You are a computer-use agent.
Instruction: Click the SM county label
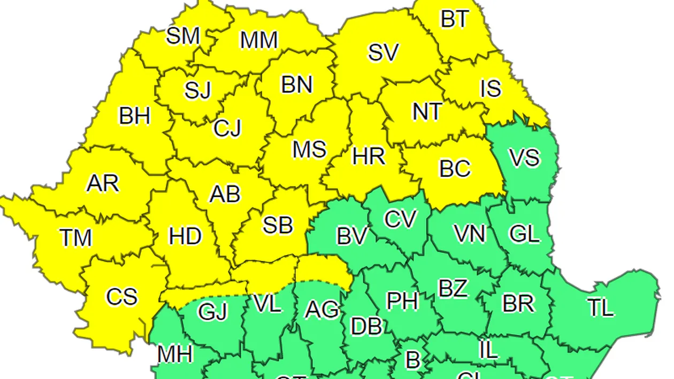183,36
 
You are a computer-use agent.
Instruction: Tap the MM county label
259,40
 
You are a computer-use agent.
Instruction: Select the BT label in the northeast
454,20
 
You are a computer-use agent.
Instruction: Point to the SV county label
384,52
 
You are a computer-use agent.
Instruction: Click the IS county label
491,89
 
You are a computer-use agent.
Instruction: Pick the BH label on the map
135,115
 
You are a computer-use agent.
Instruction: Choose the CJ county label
227,128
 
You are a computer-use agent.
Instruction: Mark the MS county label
309,150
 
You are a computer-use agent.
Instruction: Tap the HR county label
369,157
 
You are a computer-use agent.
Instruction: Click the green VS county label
524,159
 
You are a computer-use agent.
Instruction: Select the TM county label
76,238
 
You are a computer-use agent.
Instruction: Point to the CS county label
122,297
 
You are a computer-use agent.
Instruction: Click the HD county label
186,236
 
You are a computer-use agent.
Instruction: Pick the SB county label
278,226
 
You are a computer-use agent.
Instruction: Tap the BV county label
351,236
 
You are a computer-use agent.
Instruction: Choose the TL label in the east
600,307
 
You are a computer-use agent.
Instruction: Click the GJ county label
212,311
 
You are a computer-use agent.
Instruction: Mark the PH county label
402,301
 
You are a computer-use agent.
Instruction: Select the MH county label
175,353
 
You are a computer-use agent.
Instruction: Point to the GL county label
524,234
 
